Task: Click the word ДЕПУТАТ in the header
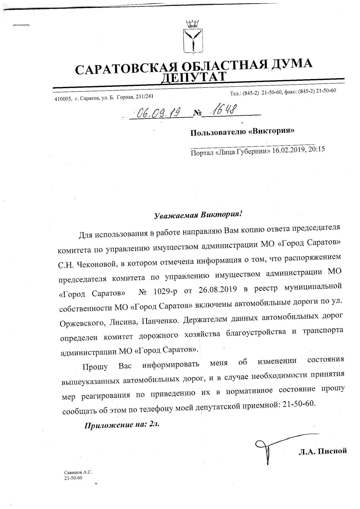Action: tap(194, 77)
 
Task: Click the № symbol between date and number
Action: tap(197, 113)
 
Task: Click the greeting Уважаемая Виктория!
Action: tap(197, 215)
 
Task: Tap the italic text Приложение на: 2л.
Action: tap(122, 425)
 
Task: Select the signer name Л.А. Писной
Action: tap(323, 451)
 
